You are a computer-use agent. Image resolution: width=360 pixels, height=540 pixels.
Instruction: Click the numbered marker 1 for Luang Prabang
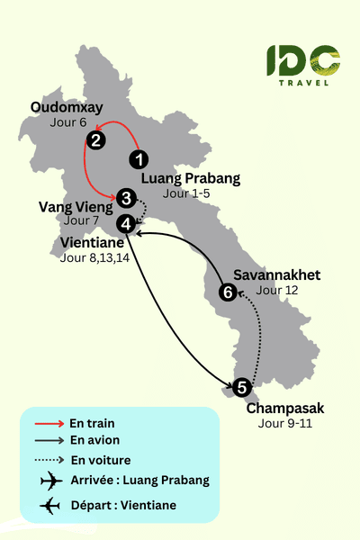(x=139, y=159)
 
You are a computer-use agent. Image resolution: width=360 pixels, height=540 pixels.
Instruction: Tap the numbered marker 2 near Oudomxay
(x=95, y=139)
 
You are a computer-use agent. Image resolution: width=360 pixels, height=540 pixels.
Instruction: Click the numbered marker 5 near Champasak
(x=240, y=389)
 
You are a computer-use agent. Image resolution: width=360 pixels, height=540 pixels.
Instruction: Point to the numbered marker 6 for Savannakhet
(x=229, y=292)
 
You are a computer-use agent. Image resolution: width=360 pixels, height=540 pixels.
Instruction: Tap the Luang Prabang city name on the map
(x=192, y=178)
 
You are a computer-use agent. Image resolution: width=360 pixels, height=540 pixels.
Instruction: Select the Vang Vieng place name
(x=76, y=207)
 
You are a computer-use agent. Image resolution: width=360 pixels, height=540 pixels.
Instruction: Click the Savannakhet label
(x=275, y=274)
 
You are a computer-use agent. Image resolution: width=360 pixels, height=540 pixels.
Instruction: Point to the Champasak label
(x=285, y=409)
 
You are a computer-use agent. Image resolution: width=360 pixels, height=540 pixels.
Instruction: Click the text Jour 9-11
(x=284, y=424)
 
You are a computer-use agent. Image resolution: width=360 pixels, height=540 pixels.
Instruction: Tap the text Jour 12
(x=276, y=290)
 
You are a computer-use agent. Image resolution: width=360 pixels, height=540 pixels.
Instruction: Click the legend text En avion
(x=94, y=441)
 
